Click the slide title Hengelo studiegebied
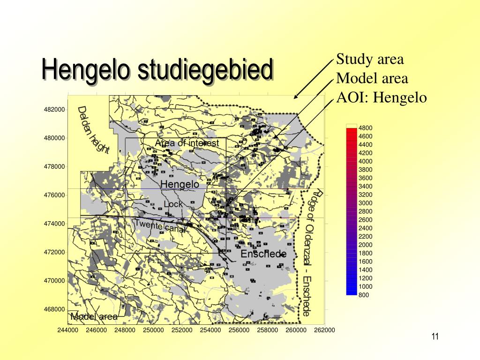(x=157, y=69)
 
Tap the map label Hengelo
(x=180, y=184)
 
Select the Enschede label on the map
(x=263, y=254)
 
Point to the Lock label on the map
(x=173, y=204)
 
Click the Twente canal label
(x=155, y=226)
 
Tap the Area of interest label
(x=187, y=143)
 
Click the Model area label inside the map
(x=94, y=317)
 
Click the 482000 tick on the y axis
(x=54, y=110)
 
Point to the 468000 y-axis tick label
(x=54, y=309)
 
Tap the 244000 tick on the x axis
(x=68, y=330)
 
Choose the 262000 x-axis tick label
(x=324, y=330)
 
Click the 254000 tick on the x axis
(x=210, y=330)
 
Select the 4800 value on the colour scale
(x=365, y=128)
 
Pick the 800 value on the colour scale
(x=364, y=295)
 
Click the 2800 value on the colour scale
(x=365, y=211)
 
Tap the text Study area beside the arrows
(x=370, y=60)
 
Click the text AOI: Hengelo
(x=382, y=97)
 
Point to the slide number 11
(x=435, y=337)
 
